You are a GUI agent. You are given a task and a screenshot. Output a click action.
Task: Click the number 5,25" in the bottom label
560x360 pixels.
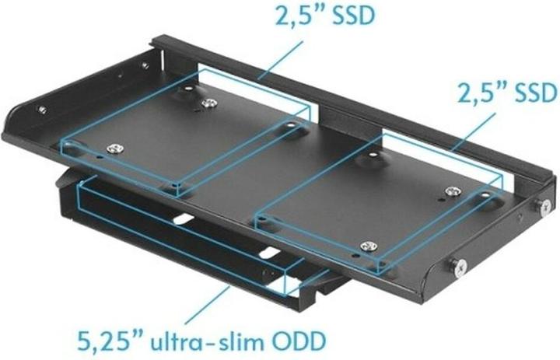click(108, 340)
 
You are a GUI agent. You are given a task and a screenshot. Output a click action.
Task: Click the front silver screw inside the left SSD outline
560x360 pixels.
click(116, 149)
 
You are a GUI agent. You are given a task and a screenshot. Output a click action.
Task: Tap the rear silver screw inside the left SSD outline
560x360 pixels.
click(207, 103)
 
